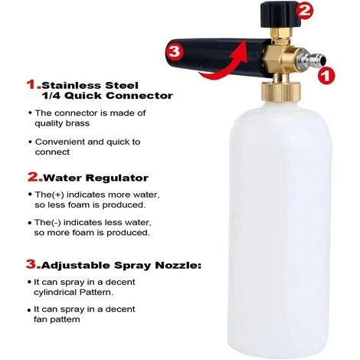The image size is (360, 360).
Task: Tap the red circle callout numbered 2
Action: point(306,10)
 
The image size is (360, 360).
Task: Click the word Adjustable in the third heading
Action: point(75,267)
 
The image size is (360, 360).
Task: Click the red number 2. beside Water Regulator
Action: point(34,176)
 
